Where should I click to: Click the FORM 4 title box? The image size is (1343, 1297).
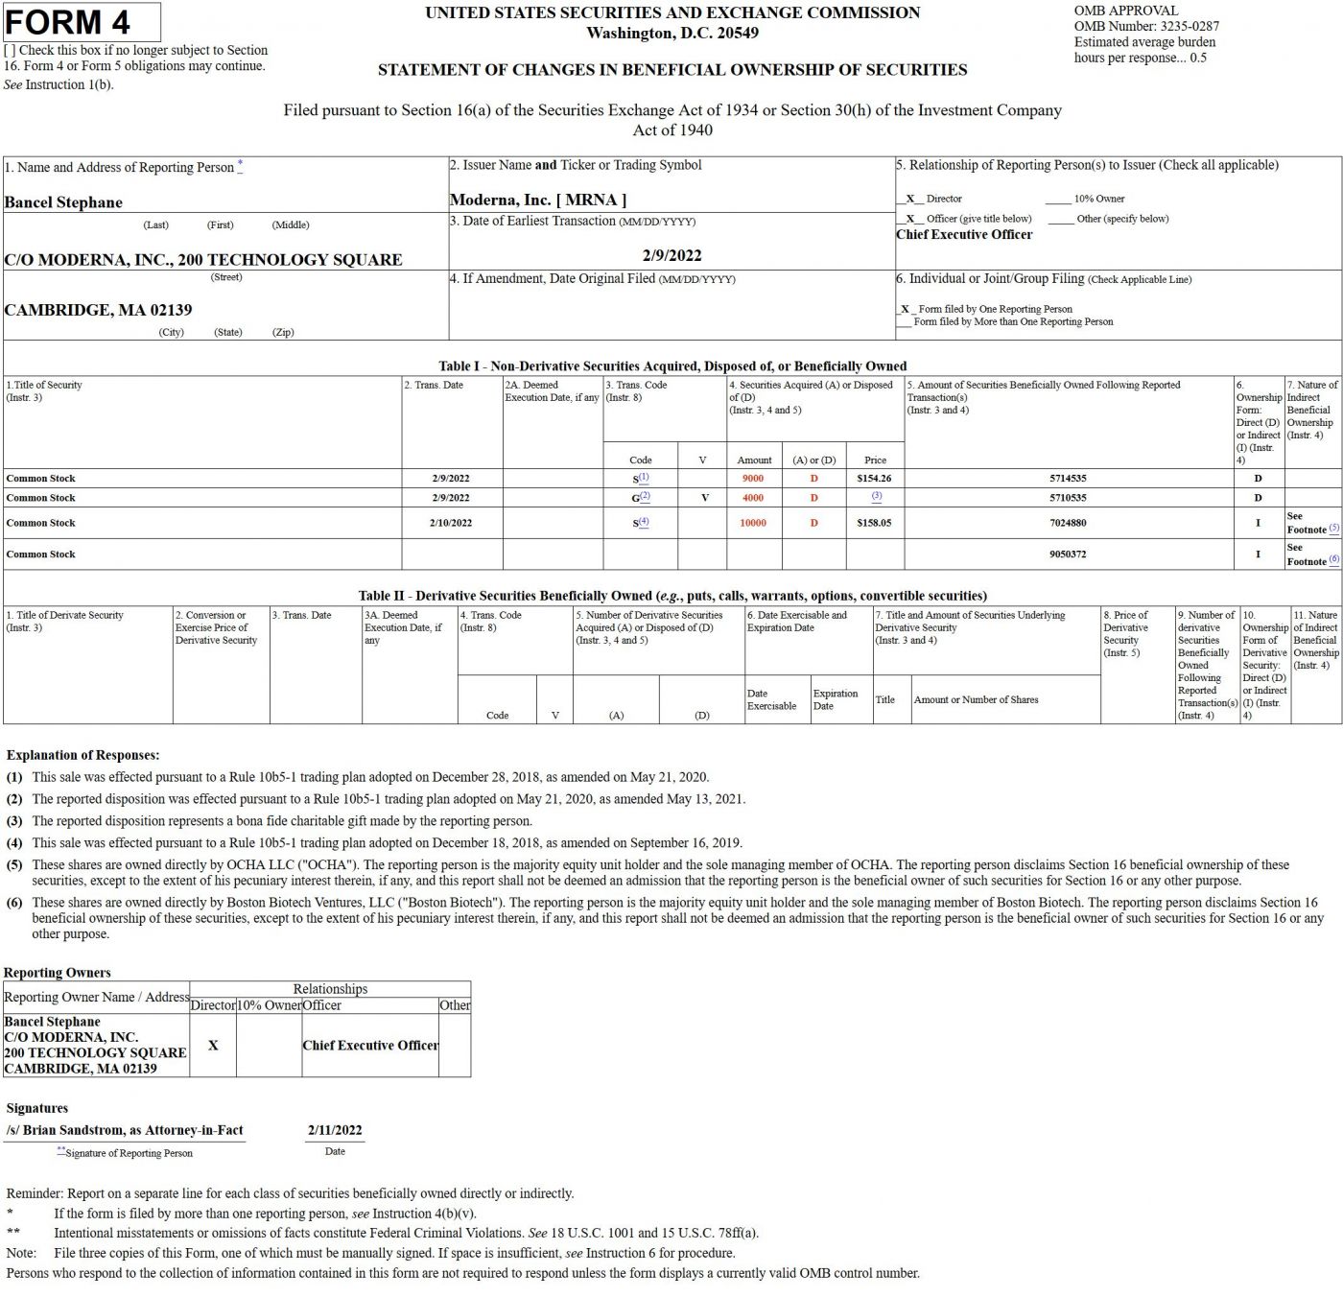pos(82,22)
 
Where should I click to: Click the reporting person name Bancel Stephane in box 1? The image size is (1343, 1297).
pos(63,202)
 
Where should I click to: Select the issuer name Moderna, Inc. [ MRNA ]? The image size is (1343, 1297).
pos(537,200)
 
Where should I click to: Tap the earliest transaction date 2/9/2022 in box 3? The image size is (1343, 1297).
pos(671,255)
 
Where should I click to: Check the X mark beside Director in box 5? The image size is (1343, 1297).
pos(909,199)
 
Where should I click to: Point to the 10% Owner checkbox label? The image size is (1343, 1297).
pos(1098,199)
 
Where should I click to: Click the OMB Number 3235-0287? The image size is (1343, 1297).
pos(1146,26)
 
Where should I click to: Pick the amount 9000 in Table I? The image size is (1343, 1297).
pos(753,478)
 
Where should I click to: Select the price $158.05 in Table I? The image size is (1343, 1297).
pos(874,523)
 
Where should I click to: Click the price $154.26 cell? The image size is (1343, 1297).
pos(874,478)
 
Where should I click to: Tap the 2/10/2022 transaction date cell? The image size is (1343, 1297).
pos(451,523)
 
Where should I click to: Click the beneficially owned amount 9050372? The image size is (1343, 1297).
pos(1068,554)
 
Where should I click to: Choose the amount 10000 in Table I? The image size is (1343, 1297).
pos(753,523)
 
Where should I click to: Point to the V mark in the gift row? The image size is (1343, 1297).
pos(704,498)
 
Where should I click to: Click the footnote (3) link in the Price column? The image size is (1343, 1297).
pos(876,496)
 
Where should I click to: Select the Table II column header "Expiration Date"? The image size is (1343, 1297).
pos(835,699)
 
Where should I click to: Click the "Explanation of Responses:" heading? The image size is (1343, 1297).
pos(82,755)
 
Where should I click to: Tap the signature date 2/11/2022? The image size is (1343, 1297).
pos(335,1130)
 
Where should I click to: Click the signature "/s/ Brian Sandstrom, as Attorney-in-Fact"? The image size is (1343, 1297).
pos(125,1130)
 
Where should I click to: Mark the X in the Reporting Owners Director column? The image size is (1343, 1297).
pos(213,1045)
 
